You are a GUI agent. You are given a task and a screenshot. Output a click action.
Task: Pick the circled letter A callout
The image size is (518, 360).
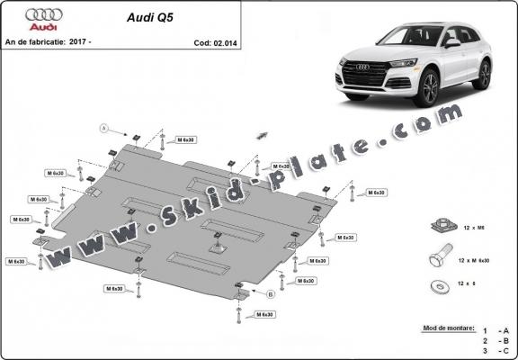pyautogui.click(x=104, y=128)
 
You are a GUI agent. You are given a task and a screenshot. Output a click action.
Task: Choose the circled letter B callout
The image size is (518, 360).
pyautogui.click(x=269, y=293)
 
